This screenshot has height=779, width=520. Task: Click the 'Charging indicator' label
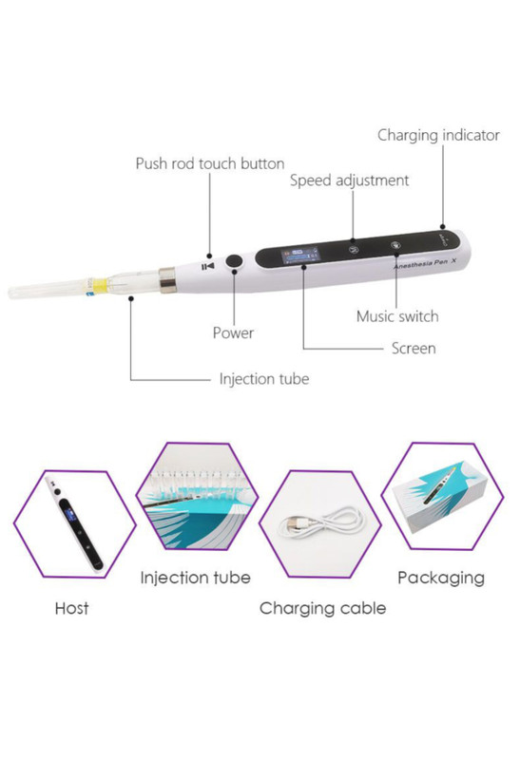point(438,136)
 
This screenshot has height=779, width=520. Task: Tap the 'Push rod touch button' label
point(210,163)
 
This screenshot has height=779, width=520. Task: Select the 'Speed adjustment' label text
point(350,180)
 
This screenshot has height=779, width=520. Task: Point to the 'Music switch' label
point(397,316)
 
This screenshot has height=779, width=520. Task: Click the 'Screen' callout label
point(414,349)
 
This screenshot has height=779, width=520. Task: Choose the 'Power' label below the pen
point(233,332)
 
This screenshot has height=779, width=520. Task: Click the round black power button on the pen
point(234,261)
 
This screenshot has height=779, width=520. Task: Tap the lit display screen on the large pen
point(300,256)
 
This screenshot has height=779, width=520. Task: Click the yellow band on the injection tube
point(101,285)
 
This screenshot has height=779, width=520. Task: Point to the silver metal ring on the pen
point(167,279)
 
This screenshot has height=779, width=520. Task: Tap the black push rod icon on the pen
point(208,266)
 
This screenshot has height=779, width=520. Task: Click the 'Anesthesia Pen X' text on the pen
point(425,263)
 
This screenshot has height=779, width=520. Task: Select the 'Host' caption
point(72,608)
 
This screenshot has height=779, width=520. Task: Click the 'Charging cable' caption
point(322,608)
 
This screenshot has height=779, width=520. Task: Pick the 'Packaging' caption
point(441,578)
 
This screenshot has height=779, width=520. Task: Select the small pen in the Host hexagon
point(74,523)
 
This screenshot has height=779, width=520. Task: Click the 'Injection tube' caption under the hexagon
point(196,578)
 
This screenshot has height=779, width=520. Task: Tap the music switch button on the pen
point(395,245)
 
